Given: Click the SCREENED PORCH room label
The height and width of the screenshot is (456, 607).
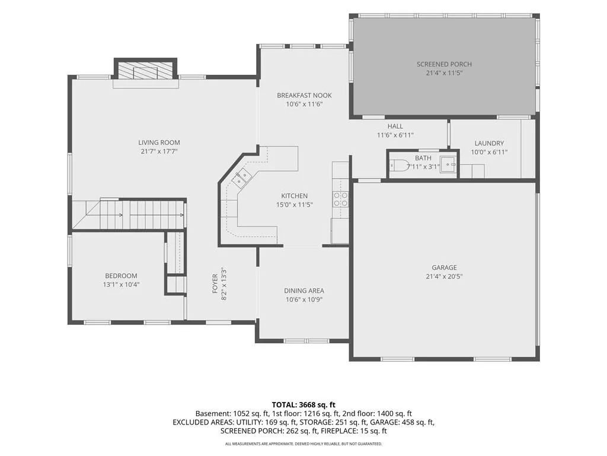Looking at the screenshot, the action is pos(444,64).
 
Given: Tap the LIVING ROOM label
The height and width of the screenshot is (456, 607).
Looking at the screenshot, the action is pos(159,142).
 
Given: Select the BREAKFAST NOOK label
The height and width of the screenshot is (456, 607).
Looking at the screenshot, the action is pos(304,95).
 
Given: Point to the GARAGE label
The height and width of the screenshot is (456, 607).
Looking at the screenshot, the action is pos(444,267).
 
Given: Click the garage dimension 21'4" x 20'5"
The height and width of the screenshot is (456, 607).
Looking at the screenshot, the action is pos(444,276).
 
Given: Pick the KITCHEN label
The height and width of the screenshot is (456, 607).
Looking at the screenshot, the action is pos(294,196).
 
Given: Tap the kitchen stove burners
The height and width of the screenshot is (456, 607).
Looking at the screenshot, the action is pos(341,199).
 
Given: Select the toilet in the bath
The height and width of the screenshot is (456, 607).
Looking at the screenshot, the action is pos(398,166).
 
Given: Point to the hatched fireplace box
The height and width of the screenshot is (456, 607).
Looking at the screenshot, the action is pos(145,72).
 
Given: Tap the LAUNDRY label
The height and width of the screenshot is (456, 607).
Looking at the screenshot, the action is pos(489,143).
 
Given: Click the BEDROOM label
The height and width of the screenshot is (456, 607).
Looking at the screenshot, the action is pos(121,275).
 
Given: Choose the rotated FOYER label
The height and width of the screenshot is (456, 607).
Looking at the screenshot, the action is pos(215,283).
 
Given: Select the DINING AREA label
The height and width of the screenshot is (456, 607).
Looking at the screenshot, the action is pos(304,290).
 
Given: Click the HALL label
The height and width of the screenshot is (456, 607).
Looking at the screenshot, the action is pos(395,126).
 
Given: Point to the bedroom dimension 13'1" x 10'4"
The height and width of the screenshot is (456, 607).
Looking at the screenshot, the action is pos(121,284).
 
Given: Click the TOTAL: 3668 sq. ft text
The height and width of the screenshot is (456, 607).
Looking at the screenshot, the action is pos(303,405).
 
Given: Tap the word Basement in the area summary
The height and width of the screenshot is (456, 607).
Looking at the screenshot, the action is pos(212,414).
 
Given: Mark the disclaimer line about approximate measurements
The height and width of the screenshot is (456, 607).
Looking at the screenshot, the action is pos(303,444).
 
